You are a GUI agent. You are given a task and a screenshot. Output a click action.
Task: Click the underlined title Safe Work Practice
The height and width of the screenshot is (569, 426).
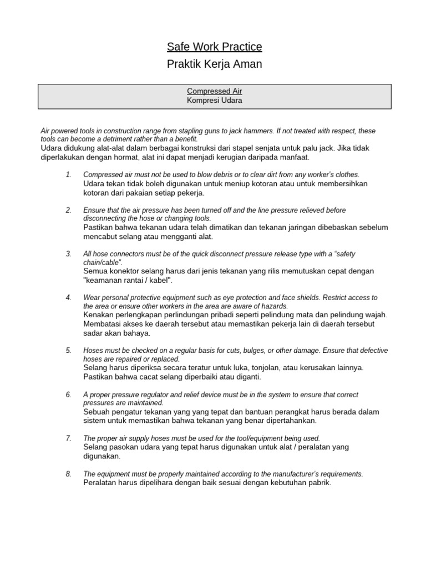coord(215,47)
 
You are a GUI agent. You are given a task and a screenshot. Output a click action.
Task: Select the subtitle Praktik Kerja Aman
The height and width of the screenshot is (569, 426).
coord(215,64)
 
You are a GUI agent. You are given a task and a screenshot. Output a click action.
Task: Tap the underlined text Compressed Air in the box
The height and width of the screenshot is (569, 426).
coord(214,91)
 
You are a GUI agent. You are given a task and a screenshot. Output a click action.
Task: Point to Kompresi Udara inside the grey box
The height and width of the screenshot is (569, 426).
coord(214,101)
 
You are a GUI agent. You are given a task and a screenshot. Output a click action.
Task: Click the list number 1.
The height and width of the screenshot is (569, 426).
coord(68,174)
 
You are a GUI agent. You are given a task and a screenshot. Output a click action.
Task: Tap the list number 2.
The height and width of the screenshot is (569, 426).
coord(68,210)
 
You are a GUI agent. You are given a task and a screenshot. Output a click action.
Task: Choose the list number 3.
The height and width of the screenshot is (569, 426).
coord(68,254)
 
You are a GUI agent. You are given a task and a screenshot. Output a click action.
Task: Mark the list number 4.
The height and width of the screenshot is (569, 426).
coord(68,298)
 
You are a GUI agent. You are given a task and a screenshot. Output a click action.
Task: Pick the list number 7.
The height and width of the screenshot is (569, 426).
coord(68,438)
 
